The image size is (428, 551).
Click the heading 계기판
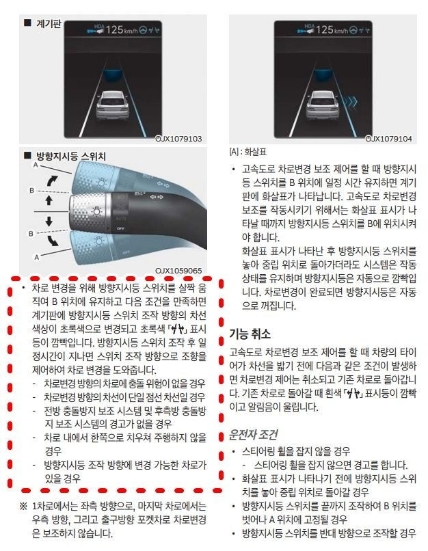tap(49, 24)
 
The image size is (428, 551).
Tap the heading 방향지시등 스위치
tap(71, 156)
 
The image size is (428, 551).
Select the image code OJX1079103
tap(178, 139)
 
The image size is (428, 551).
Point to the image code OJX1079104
tap(388, 139)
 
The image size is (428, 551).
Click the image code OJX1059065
tap(178, 271)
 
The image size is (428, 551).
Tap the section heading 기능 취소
tap(250, 334)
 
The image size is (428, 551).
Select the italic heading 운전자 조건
tap(253, 435)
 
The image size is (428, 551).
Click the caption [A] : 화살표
tap(248, 152)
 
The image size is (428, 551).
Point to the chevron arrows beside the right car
tap(350, 102)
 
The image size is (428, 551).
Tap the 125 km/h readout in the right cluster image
tap(332, 30)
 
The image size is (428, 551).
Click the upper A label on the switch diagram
tap(36, 165)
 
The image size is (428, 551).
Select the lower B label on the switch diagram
tap(31, 233)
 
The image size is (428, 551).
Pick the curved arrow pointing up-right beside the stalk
tap(52, 181)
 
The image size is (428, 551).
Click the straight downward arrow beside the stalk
tap(49, 221)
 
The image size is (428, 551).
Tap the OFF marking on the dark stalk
tap(120, 228)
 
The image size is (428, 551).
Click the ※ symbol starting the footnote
tap(23, 506)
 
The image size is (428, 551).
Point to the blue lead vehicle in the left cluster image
tap(112, 75)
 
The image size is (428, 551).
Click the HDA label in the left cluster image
tap(98, 27)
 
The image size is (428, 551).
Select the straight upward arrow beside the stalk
tap(49, 200)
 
